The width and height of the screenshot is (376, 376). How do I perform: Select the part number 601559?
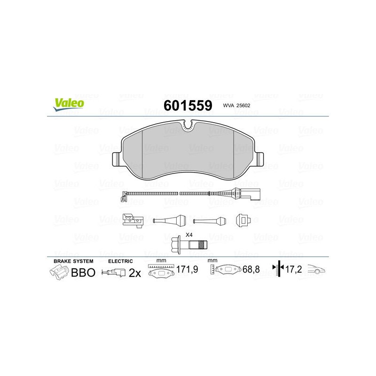tap(188, 105)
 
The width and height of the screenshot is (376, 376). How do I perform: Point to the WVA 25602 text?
tap(238, 106)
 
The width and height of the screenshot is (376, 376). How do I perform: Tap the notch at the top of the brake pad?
tap(188, 125)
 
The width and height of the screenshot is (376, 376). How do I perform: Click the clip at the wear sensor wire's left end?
tap(124, 196)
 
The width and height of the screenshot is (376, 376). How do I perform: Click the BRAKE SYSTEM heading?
tap(73, 261)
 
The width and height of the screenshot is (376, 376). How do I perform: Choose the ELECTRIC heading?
tap(121, 261)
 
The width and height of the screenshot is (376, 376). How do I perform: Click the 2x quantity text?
tap(135, 273)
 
